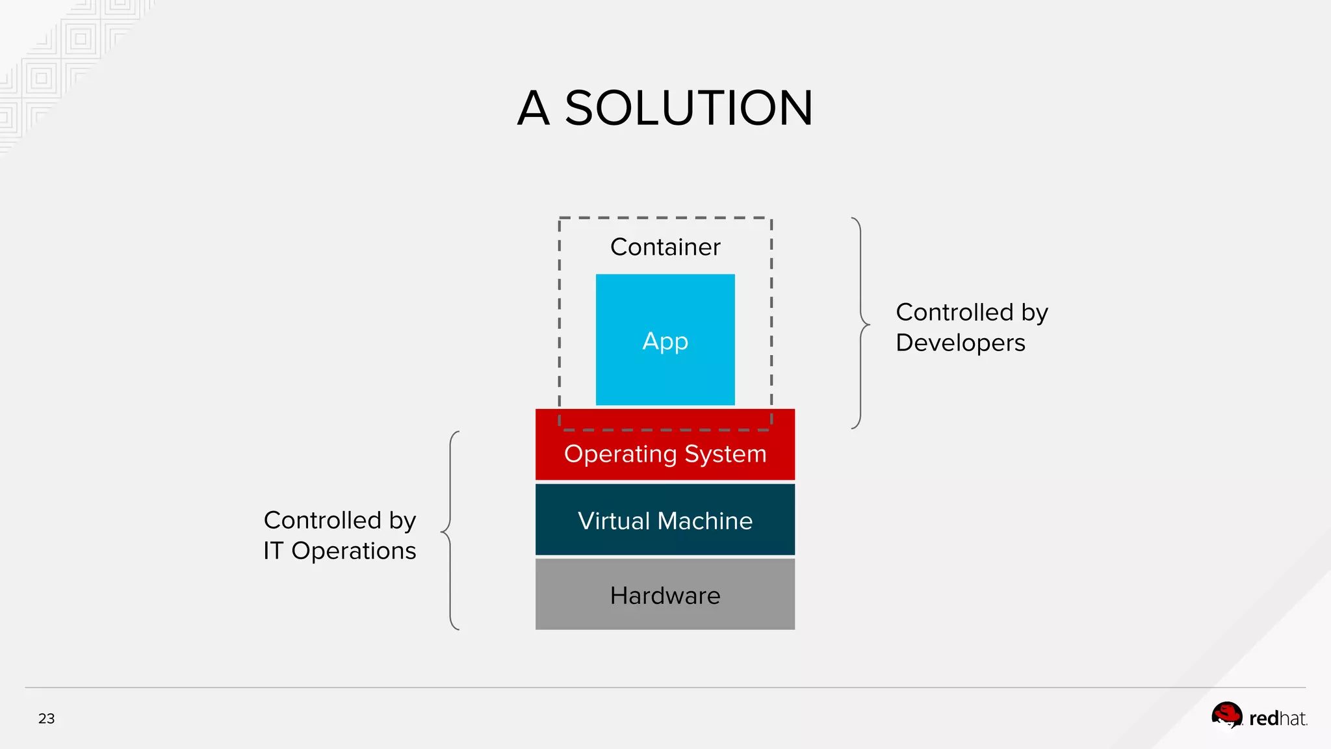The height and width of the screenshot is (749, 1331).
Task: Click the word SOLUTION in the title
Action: pos(688,108)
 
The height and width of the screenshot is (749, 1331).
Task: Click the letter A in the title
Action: pos(534,108)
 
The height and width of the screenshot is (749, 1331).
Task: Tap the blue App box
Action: pos(665,339)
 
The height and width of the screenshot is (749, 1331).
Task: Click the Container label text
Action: pos(665,247)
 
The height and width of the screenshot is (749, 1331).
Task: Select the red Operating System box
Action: pos(665,453)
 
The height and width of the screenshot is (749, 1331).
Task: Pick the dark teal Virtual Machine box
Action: pos(665,520)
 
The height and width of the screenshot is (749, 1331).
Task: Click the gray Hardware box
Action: pos(665,595)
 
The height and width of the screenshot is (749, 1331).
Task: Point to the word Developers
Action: pos(960,343)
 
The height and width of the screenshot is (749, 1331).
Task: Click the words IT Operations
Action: pos(339,551)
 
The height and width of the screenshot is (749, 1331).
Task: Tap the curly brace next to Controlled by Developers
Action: pos(861,323)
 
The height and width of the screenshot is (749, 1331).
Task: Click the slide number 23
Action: pos(46,718)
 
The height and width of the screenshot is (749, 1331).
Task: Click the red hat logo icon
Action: pos(1226,716)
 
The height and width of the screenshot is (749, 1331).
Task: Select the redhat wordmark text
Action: pos(1277,718)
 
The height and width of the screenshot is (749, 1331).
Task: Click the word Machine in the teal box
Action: pos(704,521)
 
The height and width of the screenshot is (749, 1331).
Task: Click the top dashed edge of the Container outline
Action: pos(665,218)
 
